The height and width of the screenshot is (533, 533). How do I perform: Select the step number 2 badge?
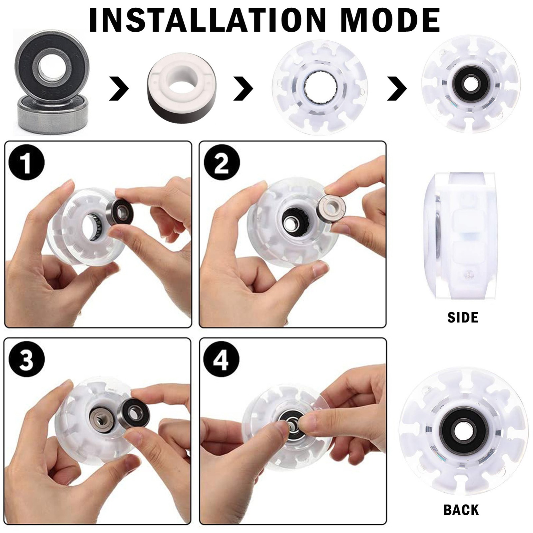click(222, 163)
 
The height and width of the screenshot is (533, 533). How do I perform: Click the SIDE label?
click(463, 318)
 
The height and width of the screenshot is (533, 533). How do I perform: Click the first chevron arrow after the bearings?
click(119, 88)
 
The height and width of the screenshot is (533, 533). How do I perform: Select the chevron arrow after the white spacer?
click(244, 88)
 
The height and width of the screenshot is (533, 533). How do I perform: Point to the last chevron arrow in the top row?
click(397, 88)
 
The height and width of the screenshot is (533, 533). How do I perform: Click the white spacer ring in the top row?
click(182, 88)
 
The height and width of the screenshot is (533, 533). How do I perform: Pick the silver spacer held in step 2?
click(330, 210)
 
